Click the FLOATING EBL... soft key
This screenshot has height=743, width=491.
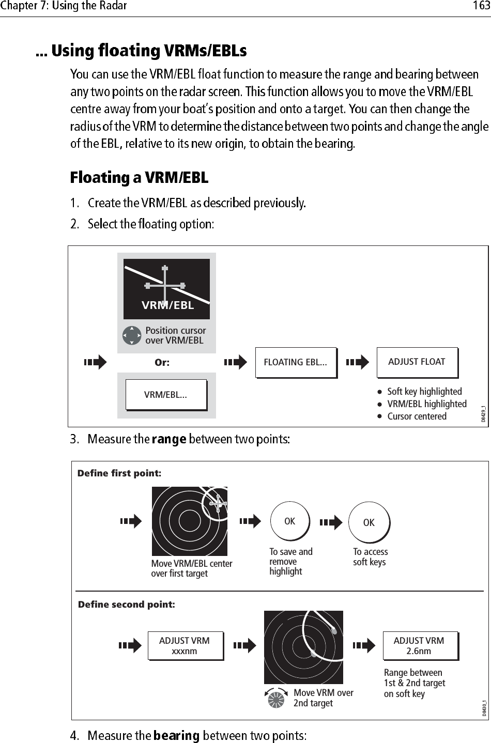click(x=295, y=362)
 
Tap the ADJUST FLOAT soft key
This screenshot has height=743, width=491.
click(x=417, y=362)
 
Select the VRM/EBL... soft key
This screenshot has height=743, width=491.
click(x=165, y=395)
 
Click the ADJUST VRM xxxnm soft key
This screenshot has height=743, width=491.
click(x=185, y=646)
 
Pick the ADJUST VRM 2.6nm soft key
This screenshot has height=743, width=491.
click(x=419, y=646)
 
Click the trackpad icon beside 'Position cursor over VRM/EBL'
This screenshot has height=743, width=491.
click(x=132, y=335)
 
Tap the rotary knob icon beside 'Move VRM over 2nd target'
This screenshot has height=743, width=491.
click(x=276, y=699)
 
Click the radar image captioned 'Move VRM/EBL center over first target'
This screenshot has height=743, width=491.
click(x=189, y=521)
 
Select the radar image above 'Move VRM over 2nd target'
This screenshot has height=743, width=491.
click(x=303, y=647)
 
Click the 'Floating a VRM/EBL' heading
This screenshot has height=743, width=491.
click(x=139, y=178)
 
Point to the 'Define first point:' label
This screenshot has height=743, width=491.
click(x=119, y=473)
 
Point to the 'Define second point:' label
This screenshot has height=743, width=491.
click(x=126, y=604)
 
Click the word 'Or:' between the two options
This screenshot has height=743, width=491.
click(x=162, y=363)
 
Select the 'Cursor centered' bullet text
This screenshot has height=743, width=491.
click(x=417, y=416)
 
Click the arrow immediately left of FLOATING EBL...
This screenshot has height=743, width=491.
click(x=236, y=363)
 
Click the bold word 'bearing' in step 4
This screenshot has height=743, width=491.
click(x=176, y=735)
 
